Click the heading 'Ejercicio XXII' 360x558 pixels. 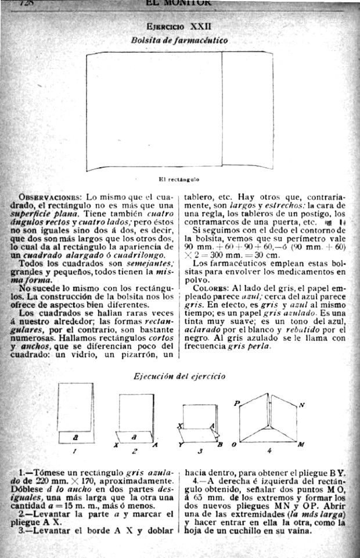pos(179,27)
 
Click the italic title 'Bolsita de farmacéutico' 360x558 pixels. pos(179,40)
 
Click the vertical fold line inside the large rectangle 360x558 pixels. pos(223,110)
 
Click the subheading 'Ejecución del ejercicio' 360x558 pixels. pos(179,376)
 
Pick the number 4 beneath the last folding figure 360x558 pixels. pos(269,451)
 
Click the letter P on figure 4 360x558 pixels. pos(236,402)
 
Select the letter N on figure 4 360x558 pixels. pos(301,405)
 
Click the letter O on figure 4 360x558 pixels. pos(233,445)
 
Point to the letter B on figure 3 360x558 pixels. pos(219,445)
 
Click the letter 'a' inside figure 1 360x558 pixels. pos(76,435)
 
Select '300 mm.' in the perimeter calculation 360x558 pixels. pos(224,255)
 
